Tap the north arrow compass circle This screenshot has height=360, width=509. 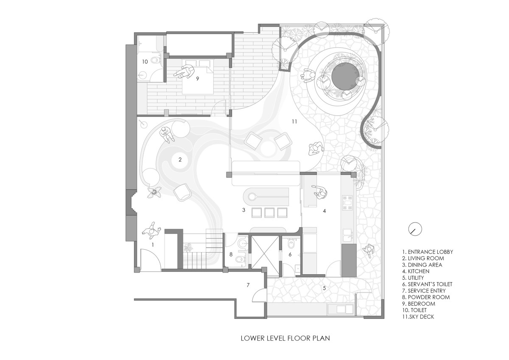click(x=415, y=229)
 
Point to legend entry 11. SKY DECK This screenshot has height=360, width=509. click(x=418, y=317)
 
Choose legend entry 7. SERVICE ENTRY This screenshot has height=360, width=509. click(x=424, y=291)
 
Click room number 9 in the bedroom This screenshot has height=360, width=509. click(x=198, y=79)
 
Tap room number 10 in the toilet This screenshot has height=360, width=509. click(x=145, y=62)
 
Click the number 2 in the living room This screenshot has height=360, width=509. click(x=180, y=160)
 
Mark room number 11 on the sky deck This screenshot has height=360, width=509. click(x=294, y=122)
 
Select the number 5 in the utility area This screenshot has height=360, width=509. click(x=324, y=288)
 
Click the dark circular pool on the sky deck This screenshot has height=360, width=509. click(x=346, y=76)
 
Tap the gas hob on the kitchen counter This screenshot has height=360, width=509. click(x=347, y=202)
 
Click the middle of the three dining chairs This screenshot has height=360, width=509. click(x=269, y=212)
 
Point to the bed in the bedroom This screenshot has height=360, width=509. click(x=198, y=77)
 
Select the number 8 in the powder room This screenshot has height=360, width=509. click(x=231, y=254)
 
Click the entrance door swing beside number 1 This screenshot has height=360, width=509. click(x=151, y=259)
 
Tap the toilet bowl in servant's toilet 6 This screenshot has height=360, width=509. click(x=291, y=245)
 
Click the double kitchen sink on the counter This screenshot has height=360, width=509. click(x=348, y=235)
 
